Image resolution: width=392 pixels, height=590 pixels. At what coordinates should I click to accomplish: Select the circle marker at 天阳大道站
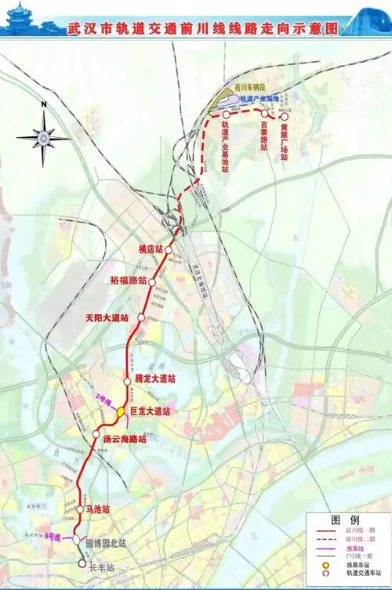[141, 317]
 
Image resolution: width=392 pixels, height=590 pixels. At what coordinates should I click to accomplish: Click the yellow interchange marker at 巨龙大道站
[122, 411]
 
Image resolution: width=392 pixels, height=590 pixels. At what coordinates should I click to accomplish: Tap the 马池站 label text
[100, 509]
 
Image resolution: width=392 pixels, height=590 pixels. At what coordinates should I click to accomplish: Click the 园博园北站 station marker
[76, 540]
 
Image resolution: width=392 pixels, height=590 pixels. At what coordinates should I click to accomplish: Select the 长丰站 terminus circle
[81, 562]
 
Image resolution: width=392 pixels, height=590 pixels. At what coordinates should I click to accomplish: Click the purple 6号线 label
[53, 536]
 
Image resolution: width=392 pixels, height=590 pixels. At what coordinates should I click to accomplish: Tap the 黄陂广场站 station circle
[285, 114]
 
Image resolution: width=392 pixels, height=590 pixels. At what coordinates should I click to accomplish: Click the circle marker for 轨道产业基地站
[226, 114]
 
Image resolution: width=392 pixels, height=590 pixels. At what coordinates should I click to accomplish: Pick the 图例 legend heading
[345, 520]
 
